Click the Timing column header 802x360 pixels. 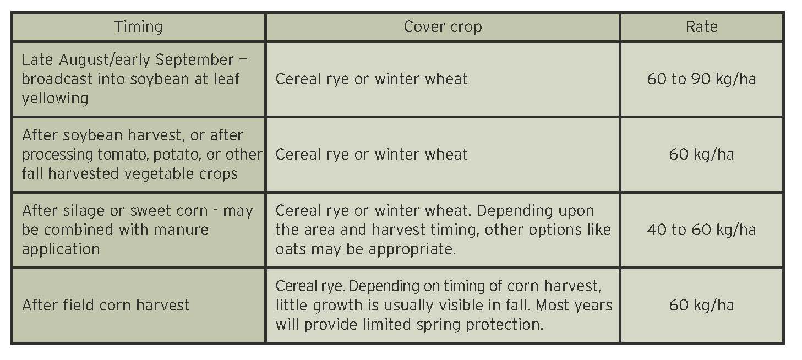click(x=138, y=27)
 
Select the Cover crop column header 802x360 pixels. click(x=443, y=27)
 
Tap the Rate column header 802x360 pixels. click(x=701, y=27)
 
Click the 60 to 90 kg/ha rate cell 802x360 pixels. click(x=701, y=79)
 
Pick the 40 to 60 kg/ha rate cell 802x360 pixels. click(x=701, y=230)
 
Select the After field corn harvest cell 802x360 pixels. click(x=106, y=305)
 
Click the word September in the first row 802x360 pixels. click(x=194, y=60)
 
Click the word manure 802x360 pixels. click(x=181, y=230)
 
